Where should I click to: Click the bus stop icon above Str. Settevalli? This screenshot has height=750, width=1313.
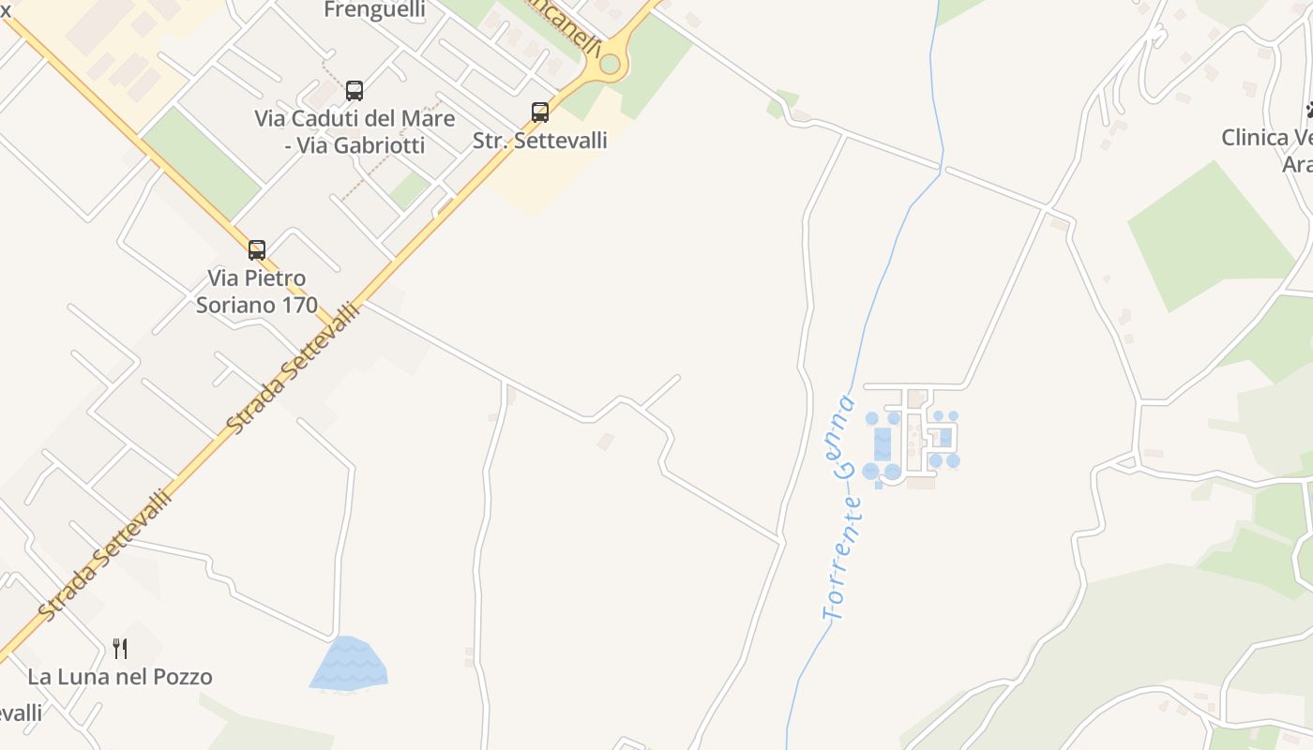tap(540, 112)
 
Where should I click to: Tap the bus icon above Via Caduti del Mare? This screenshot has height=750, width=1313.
tap(355, 91)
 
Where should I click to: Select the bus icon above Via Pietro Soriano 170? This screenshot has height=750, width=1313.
tap(257, 250)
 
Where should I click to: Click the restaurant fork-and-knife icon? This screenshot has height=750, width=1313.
tap(120, 648)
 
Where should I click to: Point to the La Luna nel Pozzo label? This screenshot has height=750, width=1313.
tap(120, 677)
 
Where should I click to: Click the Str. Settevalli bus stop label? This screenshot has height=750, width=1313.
tap(540, 141)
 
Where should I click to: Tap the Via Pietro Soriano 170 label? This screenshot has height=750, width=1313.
tap(257, 292)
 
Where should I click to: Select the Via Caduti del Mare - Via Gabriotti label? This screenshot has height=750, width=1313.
tap(355, 132)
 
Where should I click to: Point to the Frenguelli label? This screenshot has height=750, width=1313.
tap(374, 10)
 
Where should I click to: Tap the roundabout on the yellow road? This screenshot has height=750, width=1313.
tap(611, 64)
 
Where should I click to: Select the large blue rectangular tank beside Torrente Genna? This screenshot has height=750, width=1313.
tap(883, 443)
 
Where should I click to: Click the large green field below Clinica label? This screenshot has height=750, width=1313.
tap(1210, 234)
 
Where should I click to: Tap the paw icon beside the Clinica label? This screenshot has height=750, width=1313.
tap(1309, 112)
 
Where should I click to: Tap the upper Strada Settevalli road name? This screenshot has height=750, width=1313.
tap(293, 367)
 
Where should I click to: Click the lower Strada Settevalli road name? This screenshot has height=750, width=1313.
tap(105, 553)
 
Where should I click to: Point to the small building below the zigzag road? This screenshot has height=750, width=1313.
tap(606, 441)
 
